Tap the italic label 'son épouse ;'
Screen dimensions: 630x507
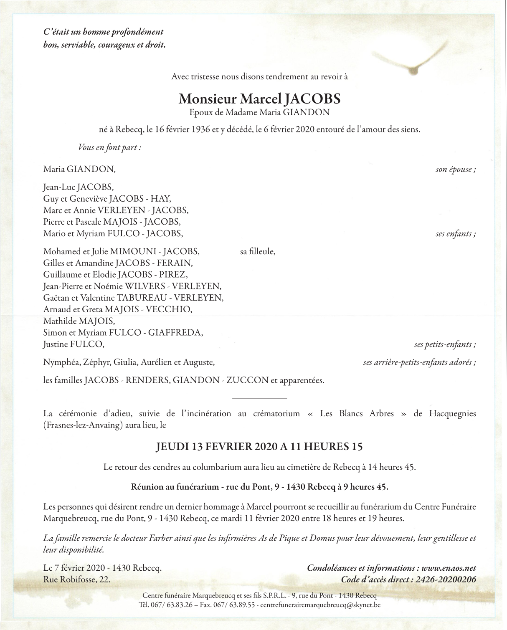pos(456,170)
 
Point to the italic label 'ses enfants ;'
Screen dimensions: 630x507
pos(456,234)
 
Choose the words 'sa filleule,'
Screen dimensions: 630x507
pos(258,252)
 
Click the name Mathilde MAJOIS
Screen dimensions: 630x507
pos(79,321)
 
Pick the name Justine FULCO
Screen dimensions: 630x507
pos(74,344)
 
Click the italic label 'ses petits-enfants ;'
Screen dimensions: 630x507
pos(445,345)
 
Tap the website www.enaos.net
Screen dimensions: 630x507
pos(449,568)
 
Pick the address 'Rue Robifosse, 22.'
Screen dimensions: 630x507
pos(77,579)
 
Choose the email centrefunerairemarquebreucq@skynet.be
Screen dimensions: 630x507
pos(320,605)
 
